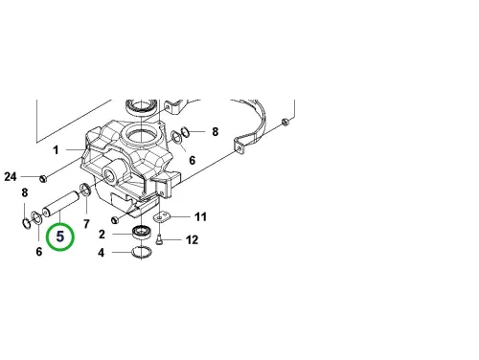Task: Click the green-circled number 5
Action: pyautogui.click(x=60, y=236)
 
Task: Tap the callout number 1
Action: pyautogui.click(x=56, y=149)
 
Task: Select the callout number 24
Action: pyautogui.click(x=11, y=176)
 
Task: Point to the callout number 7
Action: pyautogui.click(x=86, y=224)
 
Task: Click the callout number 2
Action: pyautogui.click(x=102, y=235)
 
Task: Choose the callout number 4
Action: pyautogui.click(x=102, y=253)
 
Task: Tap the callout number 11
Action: pyautogui.click(x=200, y=216)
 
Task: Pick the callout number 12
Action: pyautogui.click(x=192, y=239)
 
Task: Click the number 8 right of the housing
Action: pyautogui.click(x=216, y=131)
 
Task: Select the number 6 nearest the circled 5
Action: pyautogui.click(x=39, y=252)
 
